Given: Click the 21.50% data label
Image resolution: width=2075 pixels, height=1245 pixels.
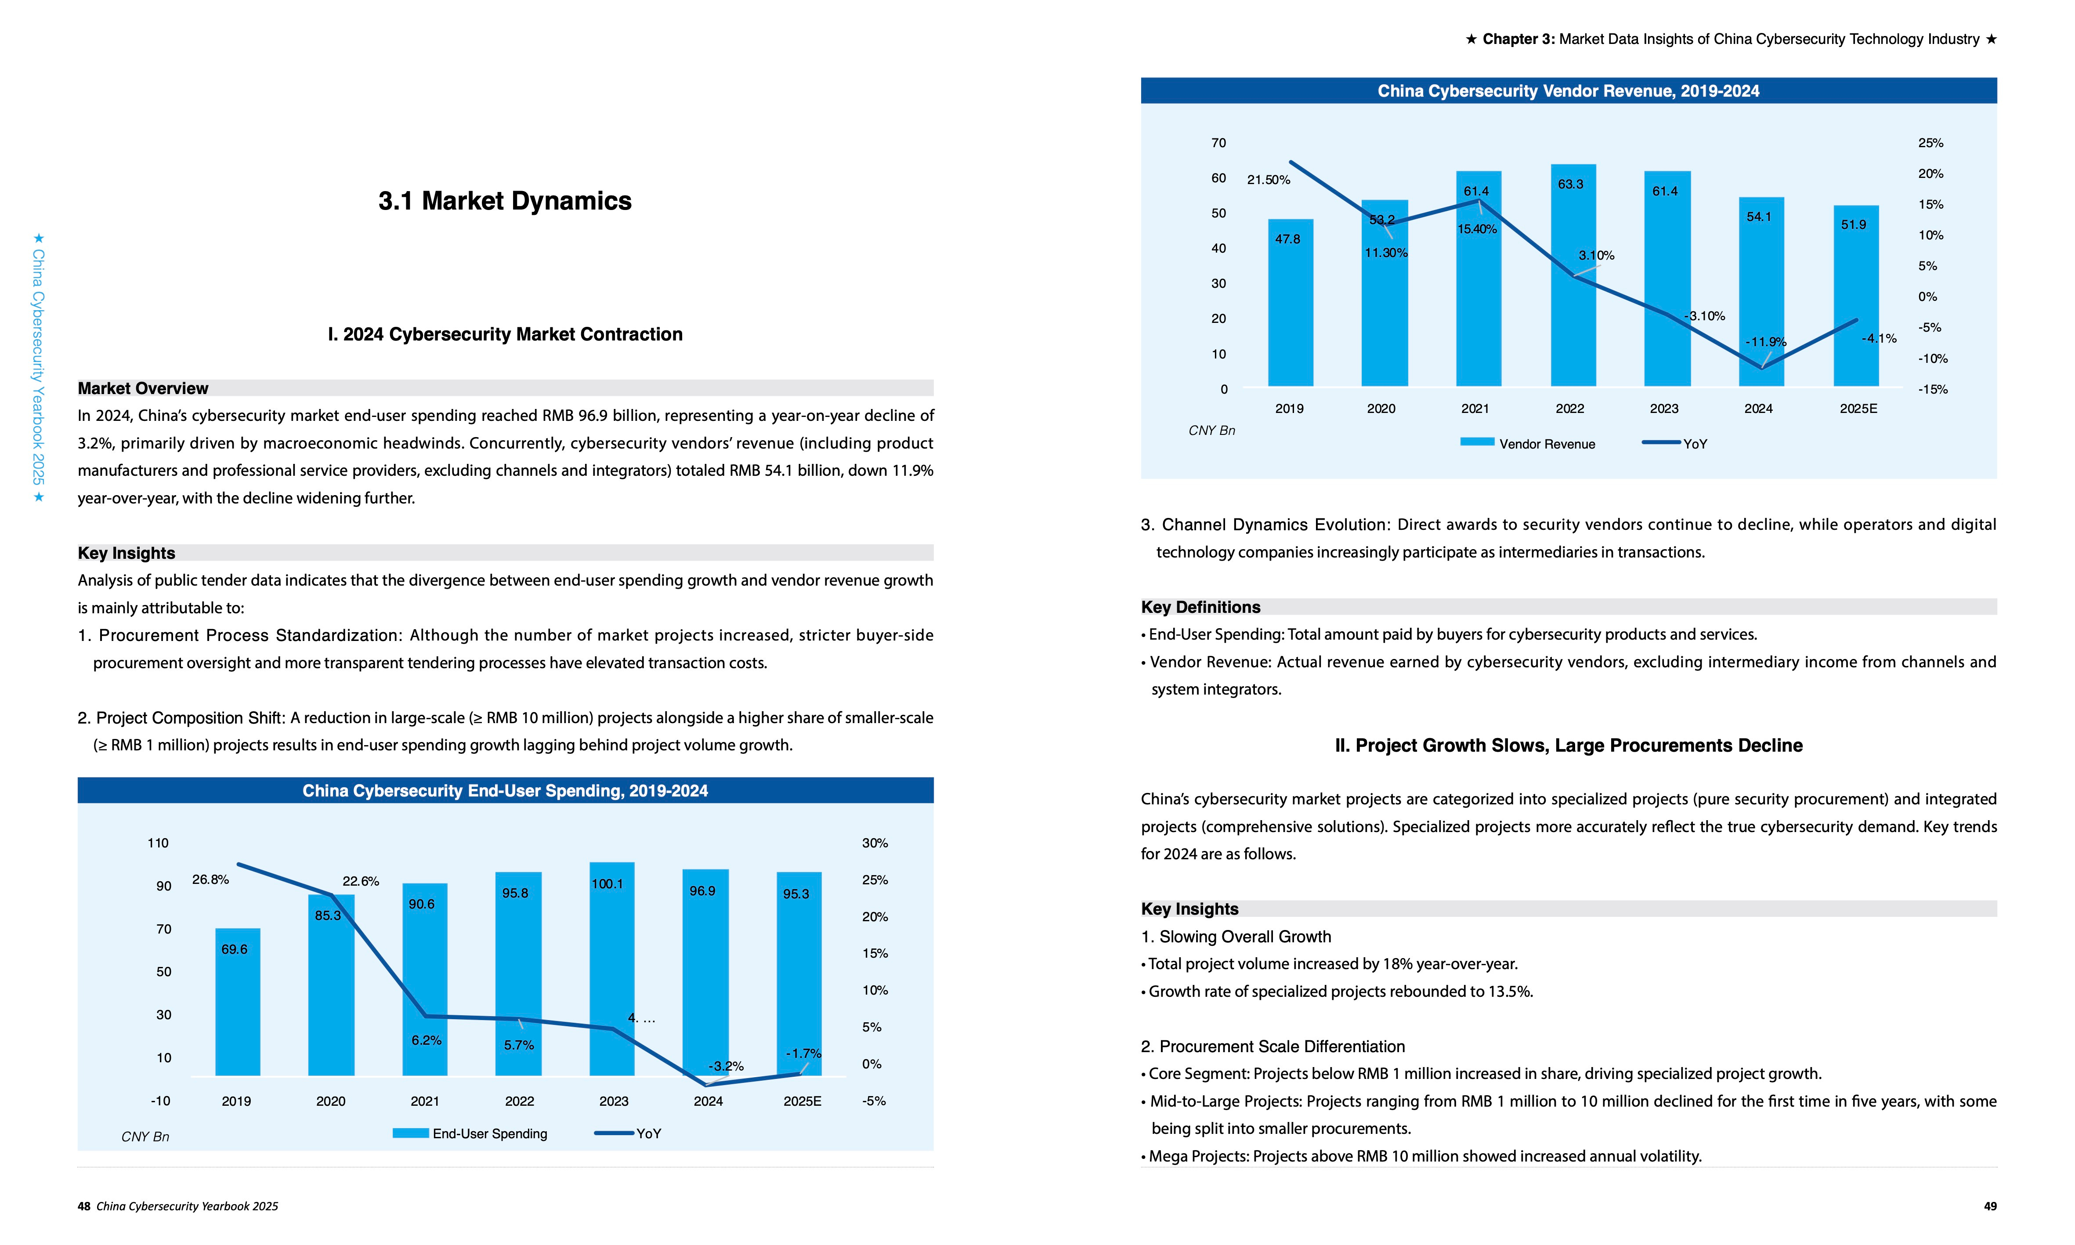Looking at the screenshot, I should [x=1268, y=180].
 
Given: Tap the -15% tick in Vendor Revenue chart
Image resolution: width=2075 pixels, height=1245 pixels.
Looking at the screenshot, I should [x=1932, y=389].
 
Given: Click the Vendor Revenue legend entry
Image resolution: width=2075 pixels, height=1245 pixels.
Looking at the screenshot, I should [x=1528, y=444].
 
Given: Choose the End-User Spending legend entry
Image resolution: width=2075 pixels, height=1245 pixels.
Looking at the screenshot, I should [x=470, y=1133].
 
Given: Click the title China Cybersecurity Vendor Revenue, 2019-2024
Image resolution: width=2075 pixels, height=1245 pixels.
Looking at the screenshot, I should [x=1568, y=90].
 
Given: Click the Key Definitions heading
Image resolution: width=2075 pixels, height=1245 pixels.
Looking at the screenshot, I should [x=1200, y=607].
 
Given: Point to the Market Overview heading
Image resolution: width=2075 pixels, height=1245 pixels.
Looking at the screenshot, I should [x=143, y=387].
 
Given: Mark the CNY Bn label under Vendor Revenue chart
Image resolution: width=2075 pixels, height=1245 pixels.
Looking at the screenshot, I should [x=1211, y=431].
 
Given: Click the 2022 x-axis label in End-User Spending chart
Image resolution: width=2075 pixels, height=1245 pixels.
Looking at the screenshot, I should [x=519, y=1101].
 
